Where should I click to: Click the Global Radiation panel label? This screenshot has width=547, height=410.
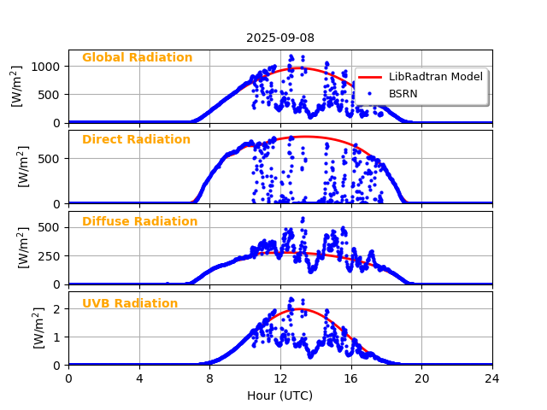click(x=137, y=58)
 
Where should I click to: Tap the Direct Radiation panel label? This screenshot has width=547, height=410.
click(x=136, y=140)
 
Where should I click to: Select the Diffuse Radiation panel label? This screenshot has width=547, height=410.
click(x=139, y=222)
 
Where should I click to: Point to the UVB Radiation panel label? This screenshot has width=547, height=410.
click(x=130, y=304)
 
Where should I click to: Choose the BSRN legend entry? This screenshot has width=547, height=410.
click(x=403, y=94)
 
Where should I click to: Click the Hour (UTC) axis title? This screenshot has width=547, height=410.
click(x=280, y=395)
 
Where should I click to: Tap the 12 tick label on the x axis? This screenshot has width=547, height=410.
click(x=280, y=378)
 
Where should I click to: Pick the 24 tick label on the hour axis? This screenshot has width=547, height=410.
click(x=492, y=378)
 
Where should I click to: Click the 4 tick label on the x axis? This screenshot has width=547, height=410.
click(x=139, y=378)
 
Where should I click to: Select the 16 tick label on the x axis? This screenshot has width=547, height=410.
click(x=351, y=378)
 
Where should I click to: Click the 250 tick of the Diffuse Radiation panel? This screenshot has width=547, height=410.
click(x=50, y=256)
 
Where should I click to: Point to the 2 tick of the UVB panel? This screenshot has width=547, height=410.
click(x=57, y=309)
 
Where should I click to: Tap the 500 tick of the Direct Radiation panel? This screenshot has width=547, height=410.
click(x=50, y=158)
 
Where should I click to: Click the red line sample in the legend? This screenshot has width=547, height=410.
click(x=370, y=77)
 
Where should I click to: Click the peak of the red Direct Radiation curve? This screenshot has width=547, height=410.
click(x=303, y=137)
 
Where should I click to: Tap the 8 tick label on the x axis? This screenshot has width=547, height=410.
click(x=209, y=378)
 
